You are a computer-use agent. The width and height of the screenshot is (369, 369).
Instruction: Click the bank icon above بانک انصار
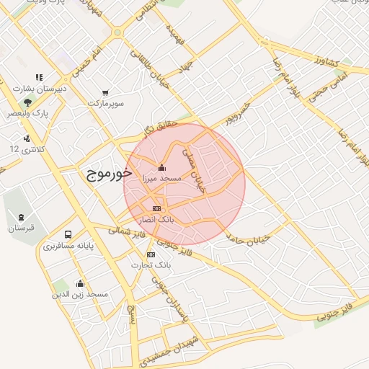[x=157, y=208]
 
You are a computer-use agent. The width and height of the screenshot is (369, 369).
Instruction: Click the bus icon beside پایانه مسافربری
[x=68, y=234]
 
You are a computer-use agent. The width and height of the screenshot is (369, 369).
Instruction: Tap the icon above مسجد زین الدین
[x=80, y=283]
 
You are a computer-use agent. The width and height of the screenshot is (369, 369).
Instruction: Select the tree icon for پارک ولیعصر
[x=27, y=103]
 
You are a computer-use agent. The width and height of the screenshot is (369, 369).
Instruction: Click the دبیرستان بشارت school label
[x=40, y=89]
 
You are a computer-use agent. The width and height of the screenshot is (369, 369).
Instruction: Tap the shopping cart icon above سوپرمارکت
[x=106, y=93]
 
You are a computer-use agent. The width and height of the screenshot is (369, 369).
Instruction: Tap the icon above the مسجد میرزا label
[x=161, y=169]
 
